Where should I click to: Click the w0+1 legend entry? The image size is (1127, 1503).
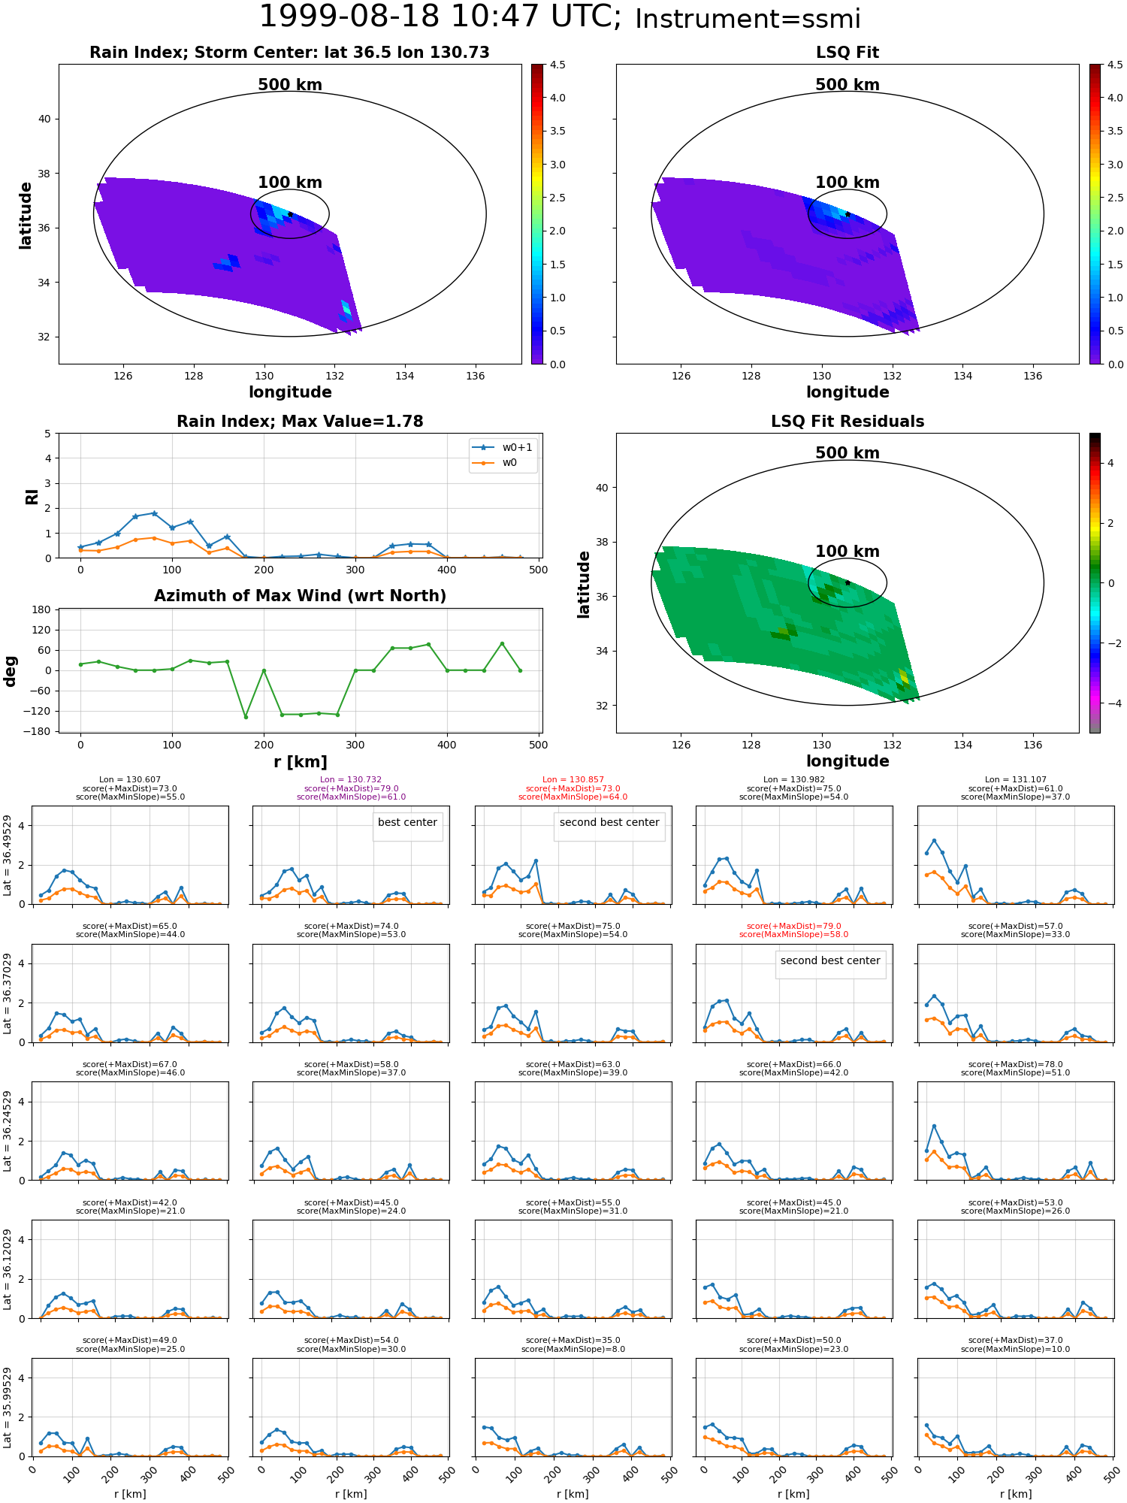click(x=503, y=447)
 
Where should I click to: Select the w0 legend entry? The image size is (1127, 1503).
click(x=495, y=462)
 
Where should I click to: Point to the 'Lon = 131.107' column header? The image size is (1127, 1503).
click(x=1015, y=780)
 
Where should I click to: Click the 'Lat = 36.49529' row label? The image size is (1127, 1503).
click(x=8, y=855)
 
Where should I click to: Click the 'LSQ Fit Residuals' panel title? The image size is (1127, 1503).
click(x=848, y=422)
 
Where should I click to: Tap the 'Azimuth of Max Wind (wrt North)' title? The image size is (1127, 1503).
click(x=300, y=596)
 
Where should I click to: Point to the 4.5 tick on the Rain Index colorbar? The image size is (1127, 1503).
click(x=557, y=65)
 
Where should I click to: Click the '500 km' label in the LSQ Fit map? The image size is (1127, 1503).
click(x=848, y=85)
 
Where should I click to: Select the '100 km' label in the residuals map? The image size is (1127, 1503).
click(x=848, y=552)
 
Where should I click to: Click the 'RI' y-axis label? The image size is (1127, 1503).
click(x=32, y=496)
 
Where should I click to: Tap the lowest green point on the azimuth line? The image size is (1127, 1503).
click(x=246, y=717)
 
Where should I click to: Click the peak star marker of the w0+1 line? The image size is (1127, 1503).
click(x=154, y=513)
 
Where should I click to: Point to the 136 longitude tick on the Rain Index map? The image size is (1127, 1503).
click(x=475, y=376)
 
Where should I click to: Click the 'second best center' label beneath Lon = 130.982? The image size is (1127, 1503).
click(x=830, y=960)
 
